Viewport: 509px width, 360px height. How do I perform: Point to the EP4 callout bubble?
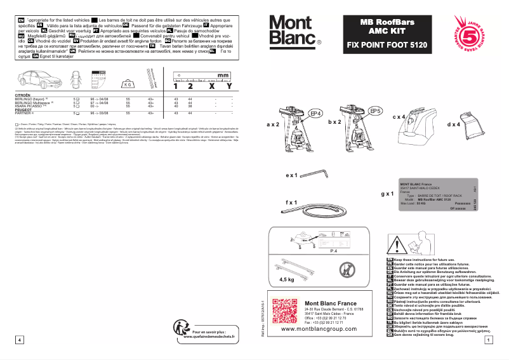pyautogui.click(x=315, y=113)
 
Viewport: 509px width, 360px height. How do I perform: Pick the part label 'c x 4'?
pyautogui.click(x=399, y=117)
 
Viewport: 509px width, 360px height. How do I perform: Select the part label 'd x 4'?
pyautogui.click(x=454, y=125)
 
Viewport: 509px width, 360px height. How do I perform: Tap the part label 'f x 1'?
pyautogui.click(x=293, y=202)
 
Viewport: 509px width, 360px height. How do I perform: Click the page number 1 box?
pyautogui.click(x=486, y=340)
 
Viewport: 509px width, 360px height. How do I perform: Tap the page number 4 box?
pyautogui.click(x=20, y=340)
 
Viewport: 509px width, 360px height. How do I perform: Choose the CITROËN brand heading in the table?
pyautogui.click(x=22, y=96)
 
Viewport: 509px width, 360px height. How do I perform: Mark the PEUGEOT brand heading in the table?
pyautogui.click(x=23, y=109)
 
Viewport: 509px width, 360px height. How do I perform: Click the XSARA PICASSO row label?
pyautogui.click(x=30, y=105)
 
